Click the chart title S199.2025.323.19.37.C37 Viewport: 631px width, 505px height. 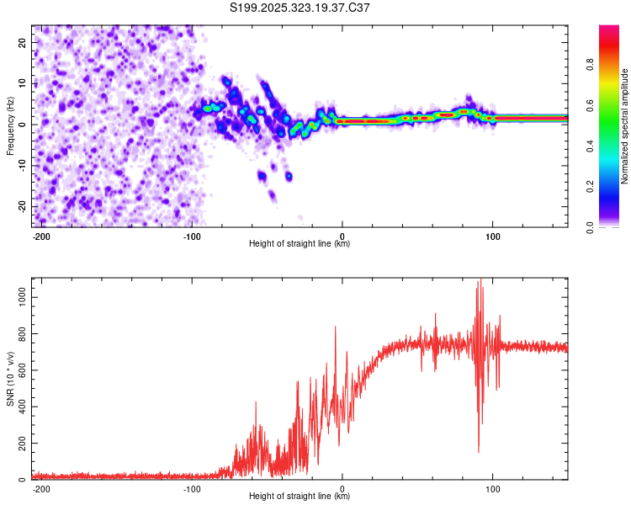pos(300,8)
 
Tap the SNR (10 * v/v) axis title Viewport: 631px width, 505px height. pos(10,378)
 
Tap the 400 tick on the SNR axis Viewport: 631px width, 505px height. pos(20,407)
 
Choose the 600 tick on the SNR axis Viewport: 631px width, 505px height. pos(20,370)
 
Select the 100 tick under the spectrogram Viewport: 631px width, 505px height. pos(493,235)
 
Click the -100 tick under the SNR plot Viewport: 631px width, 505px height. pos(192,487)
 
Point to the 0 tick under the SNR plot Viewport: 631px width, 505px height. pos(342,487)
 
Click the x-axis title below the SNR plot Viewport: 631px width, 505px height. pos(300,497)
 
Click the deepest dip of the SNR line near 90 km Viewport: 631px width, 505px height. pos(479,453)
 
